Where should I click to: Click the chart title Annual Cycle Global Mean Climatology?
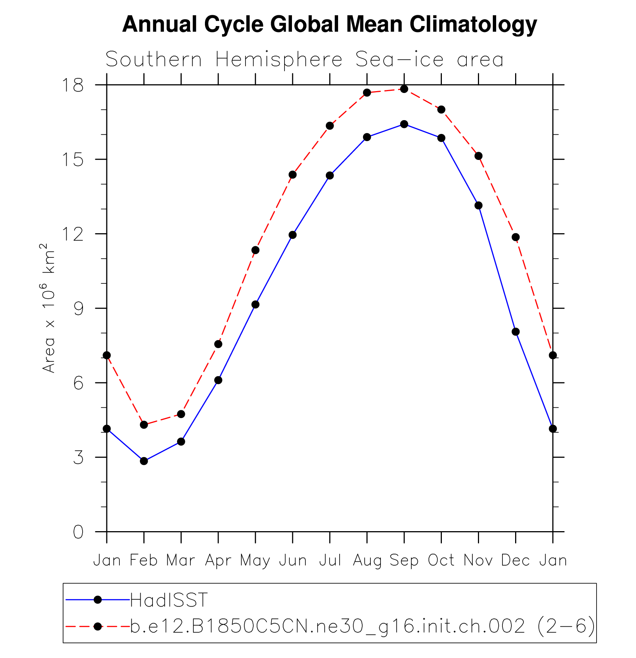click(x=330, y=25)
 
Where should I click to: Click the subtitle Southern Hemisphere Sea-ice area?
click(x=304, y=60)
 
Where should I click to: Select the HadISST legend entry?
click(x=168, y=600)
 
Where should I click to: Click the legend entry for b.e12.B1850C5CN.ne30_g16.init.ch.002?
click(x=363, y=626)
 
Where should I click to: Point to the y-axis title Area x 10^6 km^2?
click(x=48, y=308)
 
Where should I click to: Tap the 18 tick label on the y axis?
click(x=73, y=85)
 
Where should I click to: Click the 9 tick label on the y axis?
click(x=78, y=308)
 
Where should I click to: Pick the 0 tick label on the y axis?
click(x=78, y=532)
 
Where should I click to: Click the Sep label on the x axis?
click(x=404, y=560)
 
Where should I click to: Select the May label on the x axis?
click(x=255, y=560)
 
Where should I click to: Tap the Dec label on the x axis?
click(x=515, y=560)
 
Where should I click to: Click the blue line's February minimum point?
click(x=144, y=461)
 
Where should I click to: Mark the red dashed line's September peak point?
click(x=404, y=89)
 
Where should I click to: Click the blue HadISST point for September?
click(x=404, y=124)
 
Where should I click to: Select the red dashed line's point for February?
click(x=144, y=425)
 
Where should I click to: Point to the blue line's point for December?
click(x=515, y=332)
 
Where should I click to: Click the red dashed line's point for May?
click(x=256, y=250)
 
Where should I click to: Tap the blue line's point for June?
click(x=293, y=235)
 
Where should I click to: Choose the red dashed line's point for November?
click(x=479, y=156)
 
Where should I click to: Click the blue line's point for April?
click(x=218, y=380)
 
